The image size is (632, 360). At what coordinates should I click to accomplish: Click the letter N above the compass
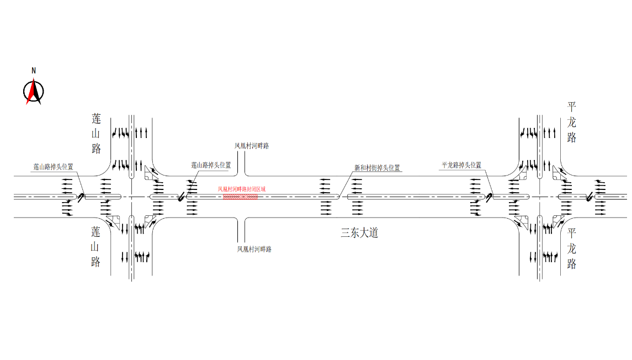point(34,71)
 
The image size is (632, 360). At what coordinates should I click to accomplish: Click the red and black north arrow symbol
point(34,92)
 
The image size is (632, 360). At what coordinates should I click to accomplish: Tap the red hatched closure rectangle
point(240,197)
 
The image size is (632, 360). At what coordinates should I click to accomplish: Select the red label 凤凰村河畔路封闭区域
point(241,189)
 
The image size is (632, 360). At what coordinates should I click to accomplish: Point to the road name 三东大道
point(359,232)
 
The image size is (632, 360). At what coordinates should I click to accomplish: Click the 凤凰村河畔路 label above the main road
point(252,146)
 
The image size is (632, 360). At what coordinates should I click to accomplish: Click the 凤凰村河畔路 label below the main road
point(254,249)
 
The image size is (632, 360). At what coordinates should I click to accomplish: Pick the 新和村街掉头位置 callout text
point(377,168)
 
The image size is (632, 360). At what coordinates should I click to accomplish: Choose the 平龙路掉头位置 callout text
point(461,165)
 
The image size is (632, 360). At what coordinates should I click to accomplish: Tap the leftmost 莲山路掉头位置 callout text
point(53,167)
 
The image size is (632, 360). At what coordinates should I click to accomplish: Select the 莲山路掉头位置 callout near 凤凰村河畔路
point(211,165)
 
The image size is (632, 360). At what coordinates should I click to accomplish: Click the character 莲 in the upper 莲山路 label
point(96,119)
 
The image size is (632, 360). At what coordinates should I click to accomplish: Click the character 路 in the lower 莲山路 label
point(95,262)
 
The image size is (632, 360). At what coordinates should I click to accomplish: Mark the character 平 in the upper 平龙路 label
point(571,107)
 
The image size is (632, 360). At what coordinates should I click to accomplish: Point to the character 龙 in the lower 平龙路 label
point(571,248)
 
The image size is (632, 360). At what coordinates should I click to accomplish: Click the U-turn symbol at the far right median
point(590,197)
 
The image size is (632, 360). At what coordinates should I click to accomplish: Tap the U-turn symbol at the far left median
point(81,197)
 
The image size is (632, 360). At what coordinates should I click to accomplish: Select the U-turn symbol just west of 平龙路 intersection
point(489,197)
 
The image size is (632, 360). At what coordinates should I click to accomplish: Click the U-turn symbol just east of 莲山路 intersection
point(182,197)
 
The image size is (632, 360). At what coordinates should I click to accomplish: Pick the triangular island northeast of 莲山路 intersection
point(150,174)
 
